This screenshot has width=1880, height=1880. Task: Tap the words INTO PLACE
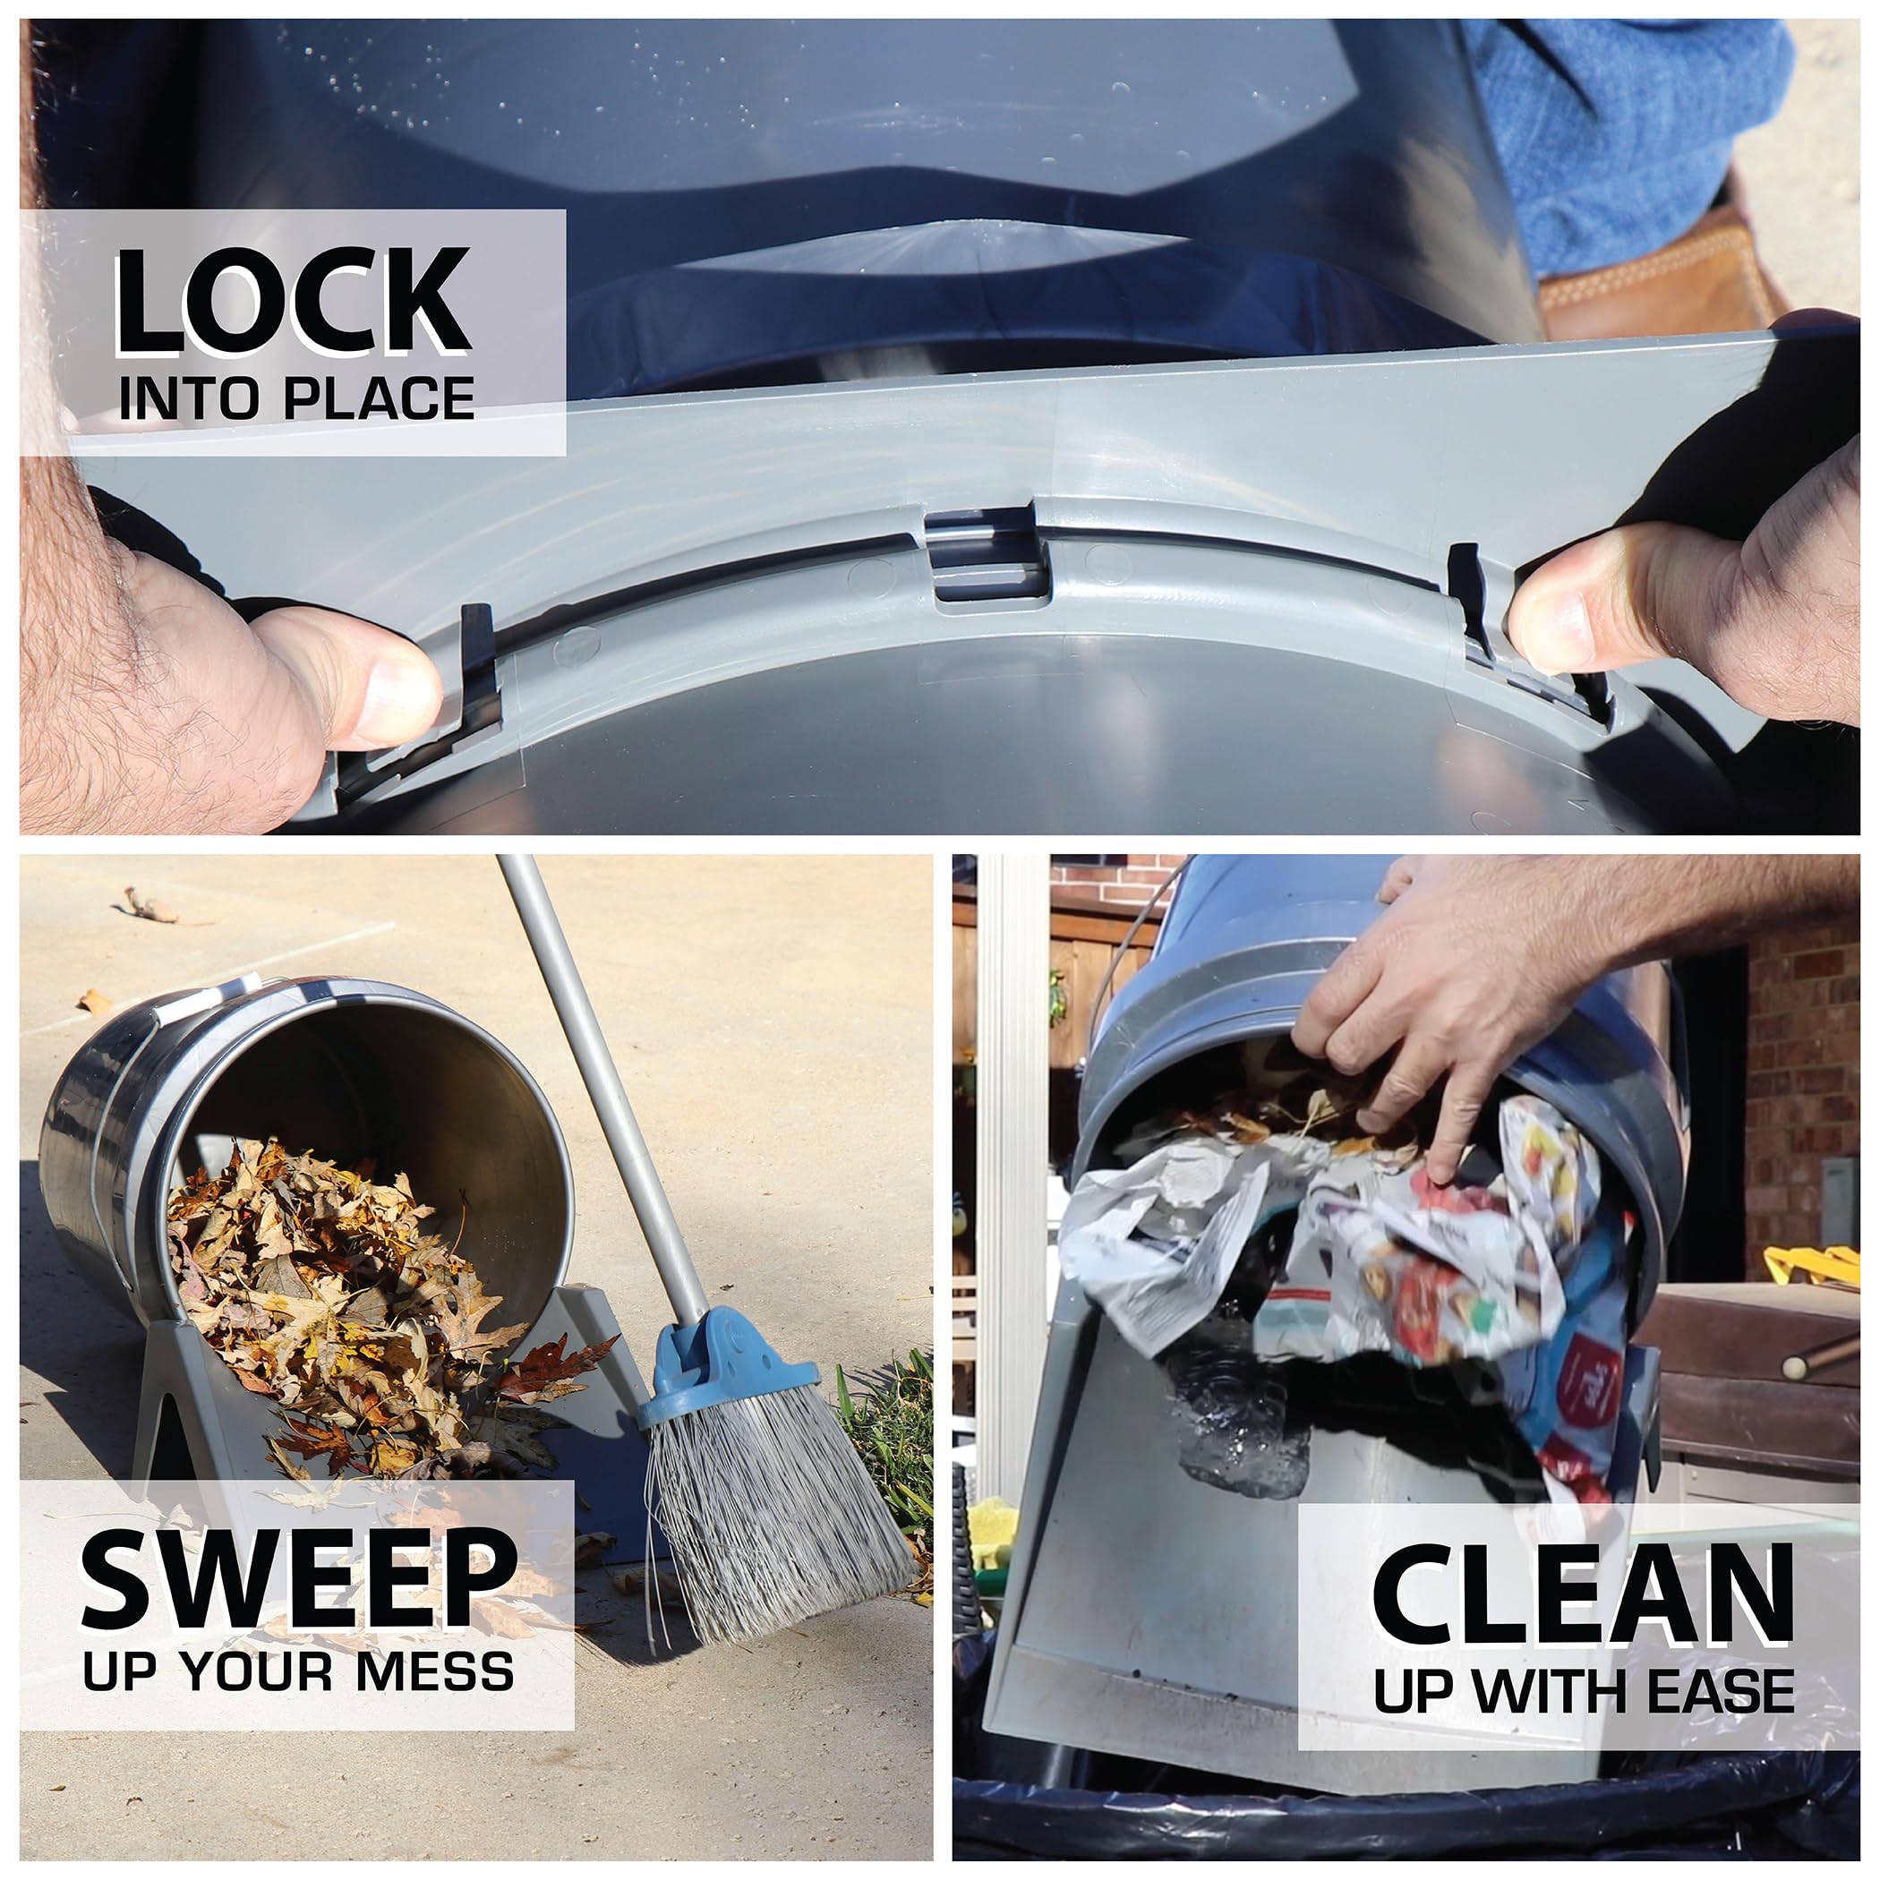295,398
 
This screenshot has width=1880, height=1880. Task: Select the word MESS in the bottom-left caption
434,1671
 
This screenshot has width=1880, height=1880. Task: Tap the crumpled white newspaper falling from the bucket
1167,1226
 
